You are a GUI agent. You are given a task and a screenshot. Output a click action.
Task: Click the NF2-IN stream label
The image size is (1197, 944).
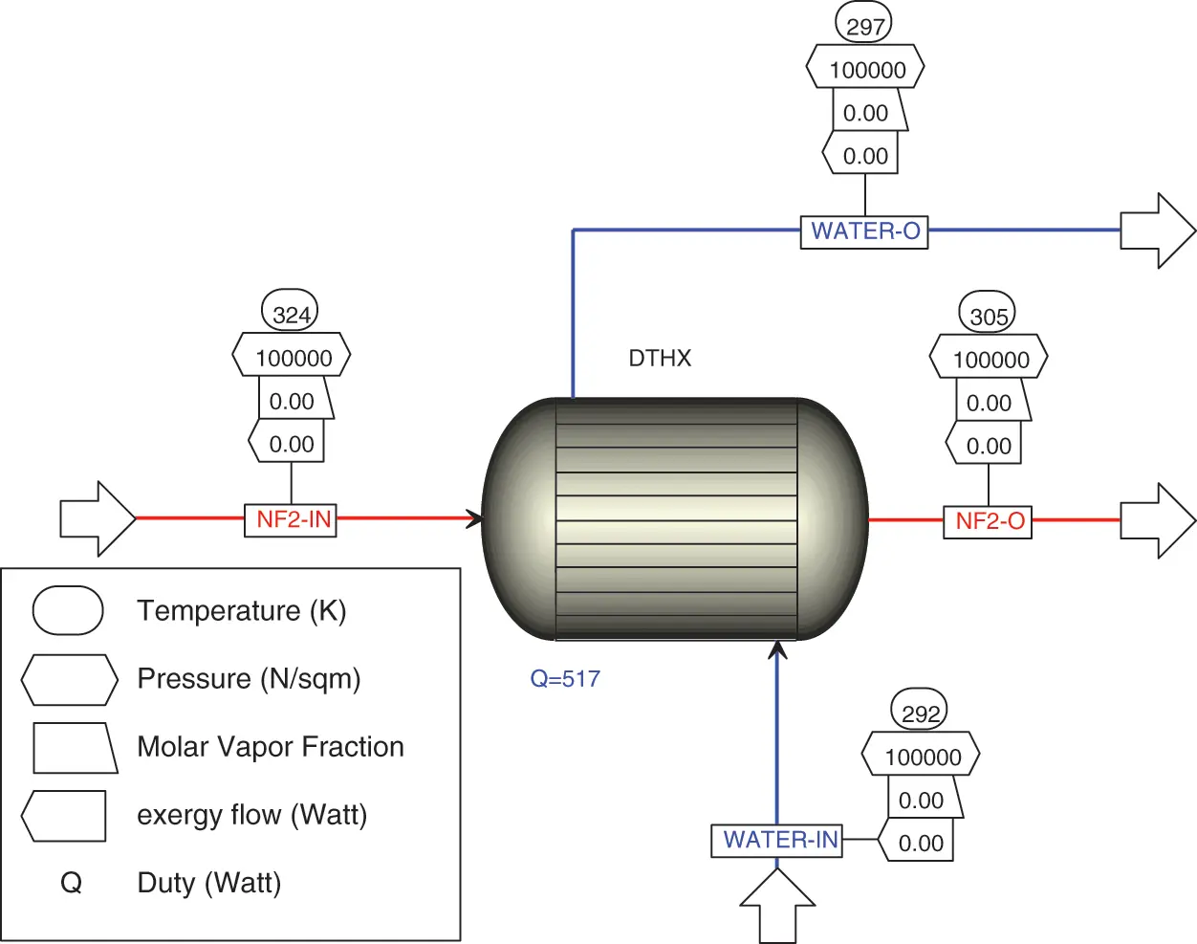point(291,519)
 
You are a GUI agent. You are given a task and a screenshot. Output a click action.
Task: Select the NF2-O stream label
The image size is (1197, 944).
point(988,521)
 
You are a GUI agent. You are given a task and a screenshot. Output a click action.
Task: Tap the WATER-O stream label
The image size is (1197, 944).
point(864,231)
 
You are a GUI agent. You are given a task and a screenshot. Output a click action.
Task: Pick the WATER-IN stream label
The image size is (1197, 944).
point(777,840)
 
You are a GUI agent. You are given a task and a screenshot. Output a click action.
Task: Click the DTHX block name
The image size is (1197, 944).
point(660,359)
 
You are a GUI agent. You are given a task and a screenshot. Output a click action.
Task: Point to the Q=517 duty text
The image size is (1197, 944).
point(565,679)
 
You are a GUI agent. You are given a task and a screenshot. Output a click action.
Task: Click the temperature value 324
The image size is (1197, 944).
point(291,314)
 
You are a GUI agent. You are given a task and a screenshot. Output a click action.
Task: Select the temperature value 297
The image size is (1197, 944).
point(864,26)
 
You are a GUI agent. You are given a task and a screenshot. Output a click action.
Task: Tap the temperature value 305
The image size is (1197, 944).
point(988,316)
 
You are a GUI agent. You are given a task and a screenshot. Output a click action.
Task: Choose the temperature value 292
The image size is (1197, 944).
point(920,713)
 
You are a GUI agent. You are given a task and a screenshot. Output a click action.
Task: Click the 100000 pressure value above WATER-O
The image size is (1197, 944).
point(866,70)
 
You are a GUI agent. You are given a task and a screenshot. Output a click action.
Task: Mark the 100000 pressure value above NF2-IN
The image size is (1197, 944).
point(293,358)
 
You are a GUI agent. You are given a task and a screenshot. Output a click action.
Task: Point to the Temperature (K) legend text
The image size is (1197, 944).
point(241,611)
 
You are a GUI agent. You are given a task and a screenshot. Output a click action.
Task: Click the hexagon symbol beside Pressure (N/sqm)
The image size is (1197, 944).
point(70,679)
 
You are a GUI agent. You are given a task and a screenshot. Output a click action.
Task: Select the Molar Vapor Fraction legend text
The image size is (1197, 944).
point(271,747)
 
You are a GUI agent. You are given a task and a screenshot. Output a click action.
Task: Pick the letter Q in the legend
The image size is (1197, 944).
point(72,883)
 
